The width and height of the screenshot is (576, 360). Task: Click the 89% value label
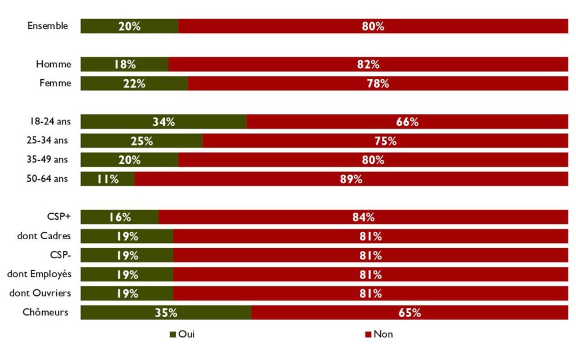[351, 179]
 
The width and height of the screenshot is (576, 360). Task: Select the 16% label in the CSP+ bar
[120, 217]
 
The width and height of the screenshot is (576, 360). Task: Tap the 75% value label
[385, 141]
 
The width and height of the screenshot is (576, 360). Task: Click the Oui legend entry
[182, 334]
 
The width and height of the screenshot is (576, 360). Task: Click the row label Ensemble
[48, 26]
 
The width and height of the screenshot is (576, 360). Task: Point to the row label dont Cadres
[44, 236]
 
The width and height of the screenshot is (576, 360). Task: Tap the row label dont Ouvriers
[40, 293]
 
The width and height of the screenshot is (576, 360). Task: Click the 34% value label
[163, 122]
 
